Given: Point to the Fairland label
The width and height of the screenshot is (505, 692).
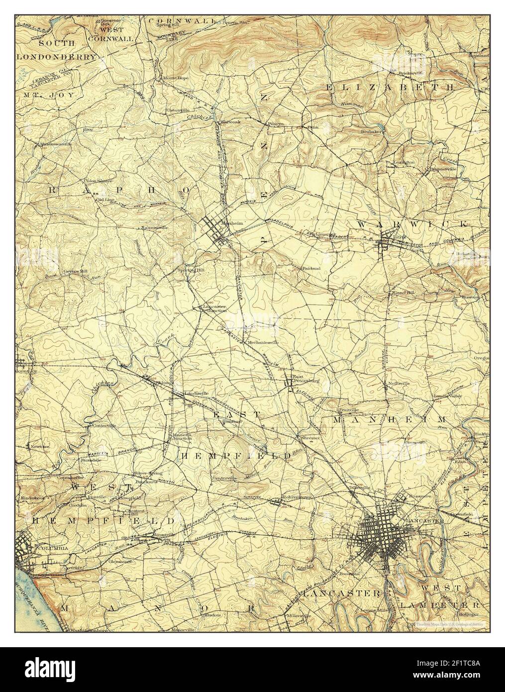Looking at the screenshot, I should (311, 268).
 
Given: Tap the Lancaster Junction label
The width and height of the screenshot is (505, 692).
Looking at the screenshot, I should (215, 308).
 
